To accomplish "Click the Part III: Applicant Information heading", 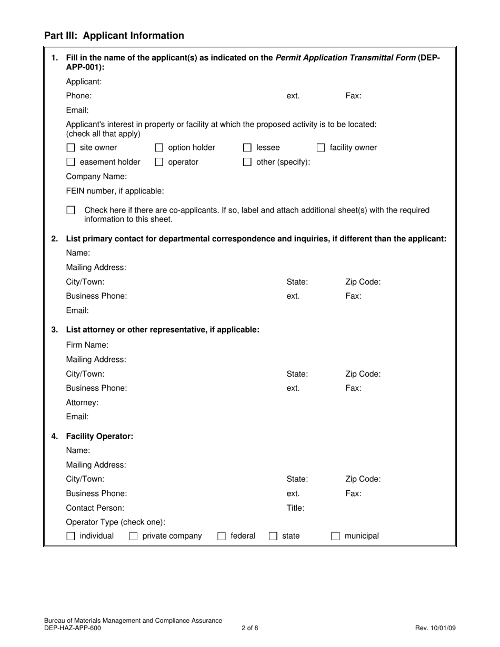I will [114, 36].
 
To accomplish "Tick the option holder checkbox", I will [158, 148].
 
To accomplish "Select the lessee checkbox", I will [247, 148].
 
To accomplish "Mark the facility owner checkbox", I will [321, 148].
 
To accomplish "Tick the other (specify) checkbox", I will [247, 163].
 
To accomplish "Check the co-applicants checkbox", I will [71, 210].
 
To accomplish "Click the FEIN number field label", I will [115, 191].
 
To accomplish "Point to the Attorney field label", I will [82, 402].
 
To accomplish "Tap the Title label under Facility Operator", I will [295, 508].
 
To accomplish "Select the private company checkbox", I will [134, 537].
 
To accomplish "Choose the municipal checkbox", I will [335, 537].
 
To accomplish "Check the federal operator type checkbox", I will [222, 537].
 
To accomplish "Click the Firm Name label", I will [87, 345].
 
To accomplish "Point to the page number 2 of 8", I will [250, 628].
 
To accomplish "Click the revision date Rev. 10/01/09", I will [435, 628].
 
